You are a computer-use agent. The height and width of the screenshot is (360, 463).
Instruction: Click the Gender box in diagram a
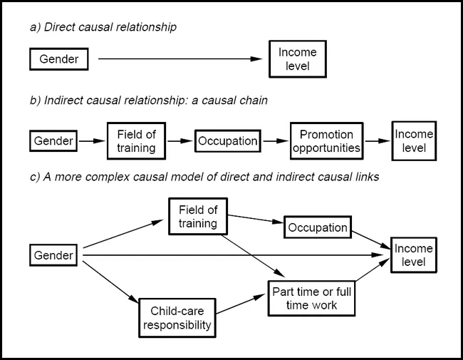pyautogui.click(x=59, y=59)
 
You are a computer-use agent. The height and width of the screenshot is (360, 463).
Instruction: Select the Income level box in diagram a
pyautogui.click(x=298, y=59)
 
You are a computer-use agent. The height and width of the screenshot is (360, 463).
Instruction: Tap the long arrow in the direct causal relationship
pyautogui.click(x=178, y=59)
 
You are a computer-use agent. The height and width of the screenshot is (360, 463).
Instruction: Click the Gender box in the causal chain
pyautogui.click(x=53, y=141)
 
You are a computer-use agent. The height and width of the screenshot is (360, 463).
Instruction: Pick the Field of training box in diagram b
pyautogui.click(x=135, y=141)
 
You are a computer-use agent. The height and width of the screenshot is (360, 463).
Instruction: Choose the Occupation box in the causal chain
pyautogui.click(x=227, y=141)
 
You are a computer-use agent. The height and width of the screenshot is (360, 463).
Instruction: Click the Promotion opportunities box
pyautogui.click(x=326, y=141)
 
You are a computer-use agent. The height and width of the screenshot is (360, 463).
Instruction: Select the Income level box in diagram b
pyautogui.click(x=414, y=140)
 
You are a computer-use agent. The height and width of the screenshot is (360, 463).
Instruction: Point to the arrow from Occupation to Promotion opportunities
pyautogui.click(x=275, y=141)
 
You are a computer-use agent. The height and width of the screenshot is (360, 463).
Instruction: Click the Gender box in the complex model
pyautogui.click(x=53, y=255)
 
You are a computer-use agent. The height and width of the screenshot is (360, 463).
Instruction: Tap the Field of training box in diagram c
pyautogui.click(x=197, y=217)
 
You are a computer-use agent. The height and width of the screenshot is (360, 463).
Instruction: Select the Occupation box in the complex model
pyautogui.click(x=317, y=228)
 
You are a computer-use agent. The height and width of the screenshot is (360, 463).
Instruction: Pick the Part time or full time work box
pyautogui.click(x=310, y=299)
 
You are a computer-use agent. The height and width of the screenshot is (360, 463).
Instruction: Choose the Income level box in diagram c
pyautogui.click(x=413, y=255)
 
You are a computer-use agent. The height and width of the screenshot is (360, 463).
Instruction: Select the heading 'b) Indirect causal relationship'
pyautogui.click(x=148, y=101)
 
